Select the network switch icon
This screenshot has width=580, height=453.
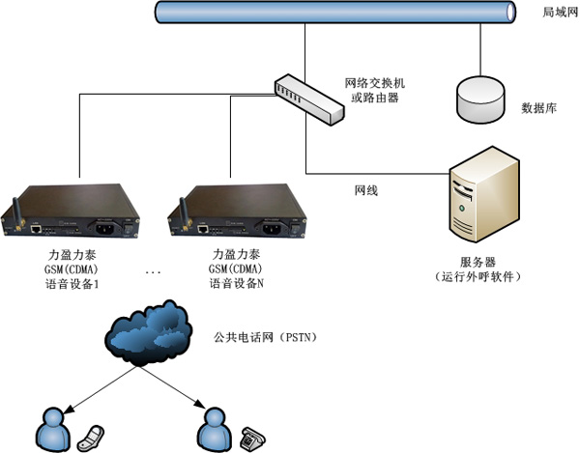(308, 99)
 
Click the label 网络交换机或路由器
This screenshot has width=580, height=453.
(372, 91)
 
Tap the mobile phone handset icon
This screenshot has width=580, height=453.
(89, 434)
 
